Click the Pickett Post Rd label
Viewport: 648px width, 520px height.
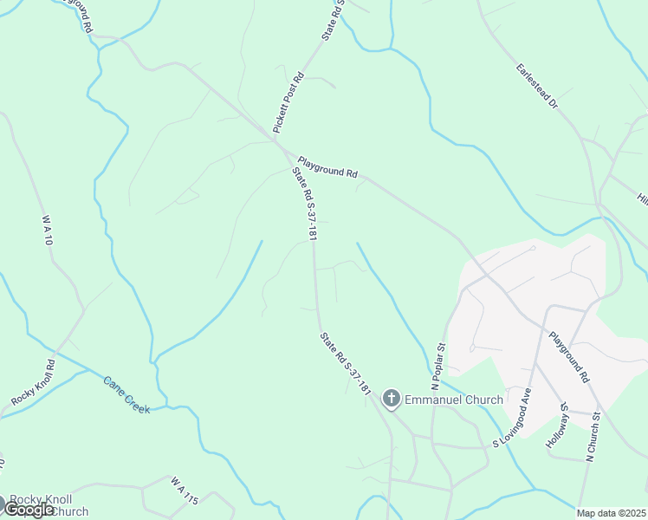pyautogui.click(x=288, y=101)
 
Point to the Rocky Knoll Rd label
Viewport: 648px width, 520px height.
pyautogui.click(x=34, y=381)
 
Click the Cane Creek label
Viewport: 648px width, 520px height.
pyautogui.click(x=126, y=394)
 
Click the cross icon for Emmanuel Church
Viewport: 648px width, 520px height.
pyautogui.click(x=392, y=400)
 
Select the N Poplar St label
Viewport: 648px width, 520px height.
pyautogui.click(x=438, y=366)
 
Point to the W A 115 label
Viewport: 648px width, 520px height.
pyautogui.click(x=185, y=490)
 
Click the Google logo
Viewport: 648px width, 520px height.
pyautogui.click(x=28, y=510)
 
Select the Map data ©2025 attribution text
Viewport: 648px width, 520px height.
pyautogui.click(x=611, y=513)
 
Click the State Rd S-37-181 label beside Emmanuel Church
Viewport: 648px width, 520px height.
pyautogui.click(x=346, y=364)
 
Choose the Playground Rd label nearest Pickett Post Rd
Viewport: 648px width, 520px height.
pyautogui.click(x=327, y=166)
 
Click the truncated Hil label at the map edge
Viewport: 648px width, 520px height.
pyautogui.click(x=642, y=198)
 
